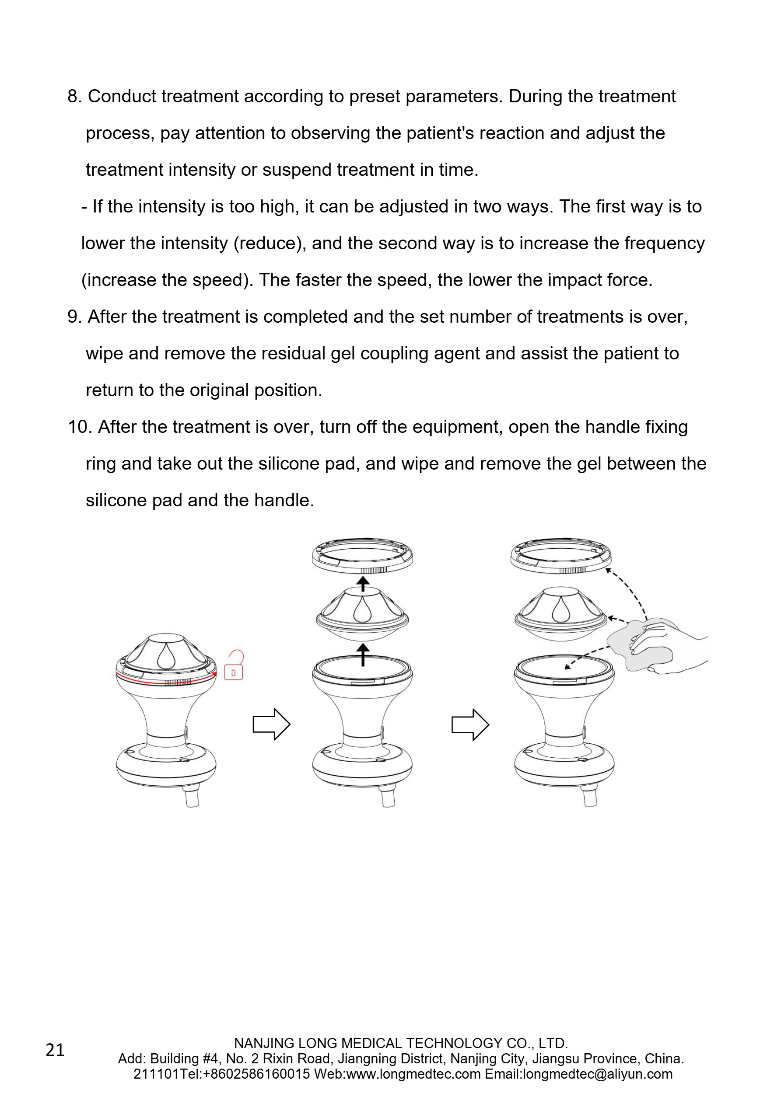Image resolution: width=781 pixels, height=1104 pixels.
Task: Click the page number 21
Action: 55,1050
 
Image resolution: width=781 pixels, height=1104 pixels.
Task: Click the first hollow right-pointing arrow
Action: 271,724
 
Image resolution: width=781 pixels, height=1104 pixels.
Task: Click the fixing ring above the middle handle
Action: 362,556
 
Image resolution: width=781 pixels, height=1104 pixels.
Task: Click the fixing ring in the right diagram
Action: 560,556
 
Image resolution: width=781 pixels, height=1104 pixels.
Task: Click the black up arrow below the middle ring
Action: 363,584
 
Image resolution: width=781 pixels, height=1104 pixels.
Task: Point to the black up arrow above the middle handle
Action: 363,655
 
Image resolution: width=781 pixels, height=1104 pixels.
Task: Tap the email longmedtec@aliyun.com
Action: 597,1074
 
